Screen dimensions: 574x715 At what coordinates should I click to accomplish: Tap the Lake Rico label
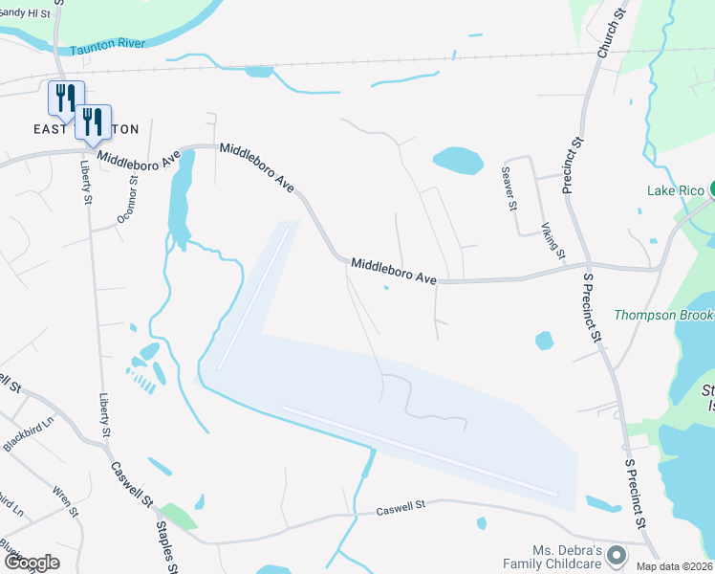tap(675, 189)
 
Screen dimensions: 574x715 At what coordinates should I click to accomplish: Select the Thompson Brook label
tap(663, 315)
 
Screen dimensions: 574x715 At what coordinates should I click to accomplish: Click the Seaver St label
tap(511, 188)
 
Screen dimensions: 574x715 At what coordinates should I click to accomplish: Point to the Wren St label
tap(65, 501)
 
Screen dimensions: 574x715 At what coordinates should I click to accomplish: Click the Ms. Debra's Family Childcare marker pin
tap(617, 555)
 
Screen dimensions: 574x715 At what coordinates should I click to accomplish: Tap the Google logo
tap(31, 563)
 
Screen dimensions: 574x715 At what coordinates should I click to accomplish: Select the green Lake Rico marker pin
tap(712, 189)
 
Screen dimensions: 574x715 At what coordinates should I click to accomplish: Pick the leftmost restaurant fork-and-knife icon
tap(65, 97)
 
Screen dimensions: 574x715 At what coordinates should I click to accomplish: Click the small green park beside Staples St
tap(178, 517)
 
